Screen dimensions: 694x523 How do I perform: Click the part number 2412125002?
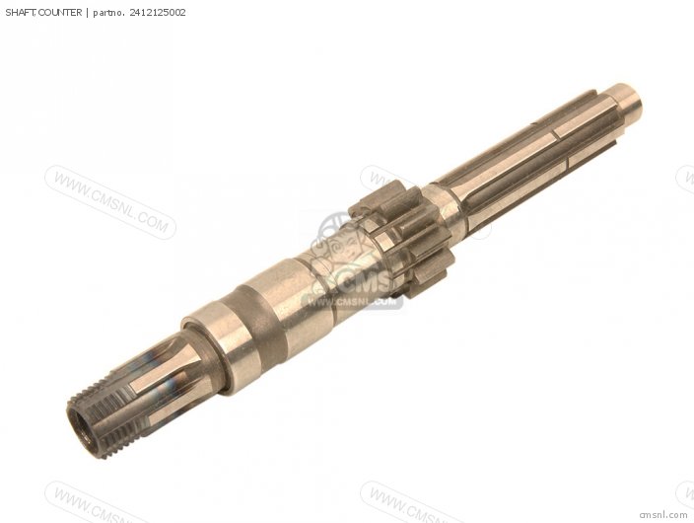pyautogui.click(x=158, y=13)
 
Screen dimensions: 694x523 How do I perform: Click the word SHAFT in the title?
pyautogui.click(x=21, y=13)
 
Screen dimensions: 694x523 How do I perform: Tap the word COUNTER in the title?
pyautogui.click(x=60, y=13)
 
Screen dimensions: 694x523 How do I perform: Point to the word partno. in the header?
pyautogui.click(x=108, y=13)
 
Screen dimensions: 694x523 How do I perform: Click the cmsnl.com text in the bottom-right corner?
pyautogui.click(x=663, y=514)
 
